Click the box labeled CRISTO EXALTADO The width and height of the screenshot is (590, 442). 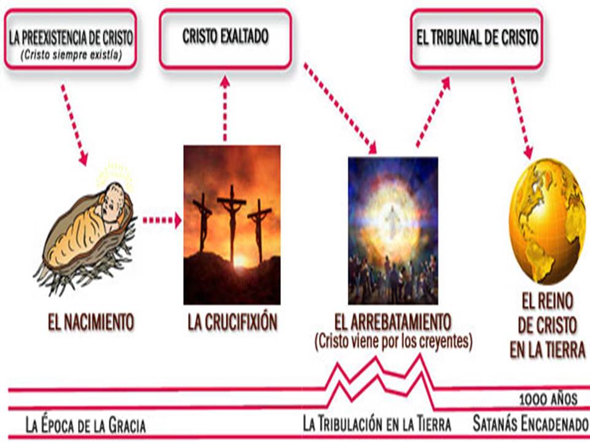tap(226, 37)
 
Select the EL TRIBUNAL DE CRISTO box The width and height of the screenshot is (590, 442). tap(476, 38)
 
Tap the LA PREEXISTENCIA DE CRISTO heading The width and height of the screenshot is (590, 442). tap(71, 37)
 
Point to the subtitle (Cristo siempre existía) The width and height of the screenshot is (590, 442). tap(70, 53)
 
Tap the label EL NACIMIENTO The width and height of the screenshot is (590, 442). tap(91, 322)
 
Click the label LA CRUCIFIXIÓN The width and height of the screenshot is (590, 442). tap(232, 323)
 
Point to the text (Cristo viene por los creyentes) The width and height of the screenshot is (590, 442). tap(393, 341)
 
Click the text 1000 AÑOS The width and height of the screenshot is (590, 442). tap(548, 400)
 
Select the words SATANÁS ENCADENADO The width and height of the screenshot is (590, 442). tap(530, 424)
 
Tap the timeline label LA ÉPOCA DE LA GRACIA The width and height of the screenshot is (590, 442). tap(86, 425)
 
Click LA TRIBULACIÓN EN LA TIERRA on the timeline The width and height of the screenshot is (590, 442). tap(377, 424)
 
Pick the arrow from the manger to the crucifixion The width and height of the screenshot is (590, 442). tap(162, 220)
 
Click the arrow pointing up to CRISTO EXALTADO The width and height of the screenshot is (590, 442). tap(225, 107)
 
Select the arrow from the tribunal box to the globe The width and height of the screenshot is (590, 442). tap(522, 117)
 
